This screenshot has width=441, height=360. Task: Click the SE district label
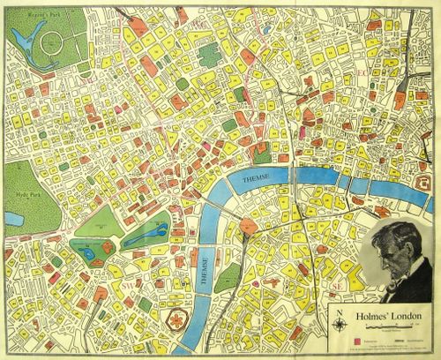click(x=336, y=288)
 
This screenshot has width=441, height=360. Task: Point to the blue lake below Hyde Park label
click(x=12, y=216)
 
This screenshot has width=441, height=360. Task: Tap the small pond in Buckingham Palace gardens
click(x=91, y=254)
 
